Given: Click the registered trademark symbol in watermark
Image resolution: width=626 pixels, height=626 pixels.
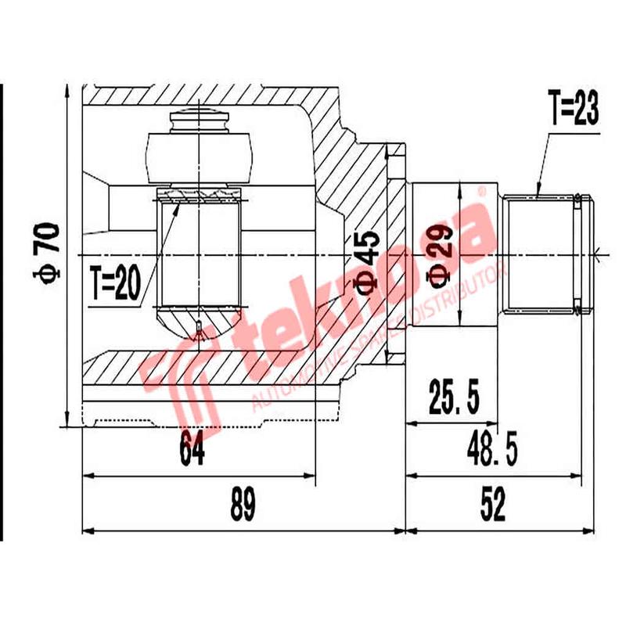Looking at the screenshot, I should coord(482,190).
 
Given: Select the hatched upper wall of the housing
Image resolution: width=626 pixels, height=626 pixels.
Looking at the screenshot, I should coord(196,96).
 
